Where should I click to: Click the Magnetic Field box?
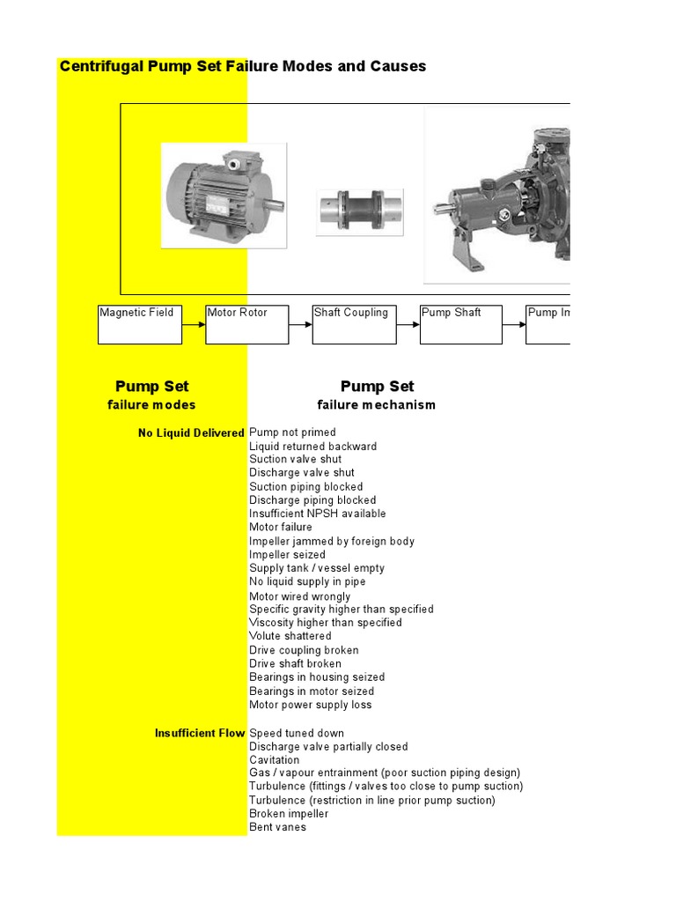tap(140, 324)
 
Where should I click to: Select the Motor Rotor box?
tap(246, 324)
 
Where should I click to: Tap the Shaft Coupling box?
tap(354, 324)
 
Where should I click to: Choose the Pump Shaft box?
tap(461, 324)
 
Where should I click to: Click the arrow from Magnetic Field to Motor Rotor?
tap(194, 324)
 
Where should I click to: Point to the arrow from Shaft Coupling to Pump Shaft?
tap(408, 324)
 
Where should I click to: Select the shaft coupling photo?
tap(360, 212)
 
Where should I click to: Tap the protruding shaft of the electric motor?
tap(275, 205)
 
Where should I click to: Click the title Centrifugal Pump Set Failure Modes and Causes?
tap(242, 66)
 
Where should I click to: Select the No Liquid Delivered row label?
tap(191, 433)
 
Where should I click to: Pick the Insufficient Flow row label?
tap(200, 733)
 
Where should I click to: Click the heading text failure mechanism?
tap(376, 405)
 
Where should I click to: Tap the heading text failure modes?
tap(151, 405)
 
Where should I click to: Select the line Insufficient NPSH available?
tap(317, 514)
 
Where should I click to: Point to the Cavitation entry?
tap(275, 760)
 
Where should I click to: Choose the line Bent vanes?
tap(277, 827)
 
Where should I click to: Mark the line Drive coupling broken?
tap(304, 650)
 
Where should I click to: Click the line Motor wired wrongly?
tap(299, 596)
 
